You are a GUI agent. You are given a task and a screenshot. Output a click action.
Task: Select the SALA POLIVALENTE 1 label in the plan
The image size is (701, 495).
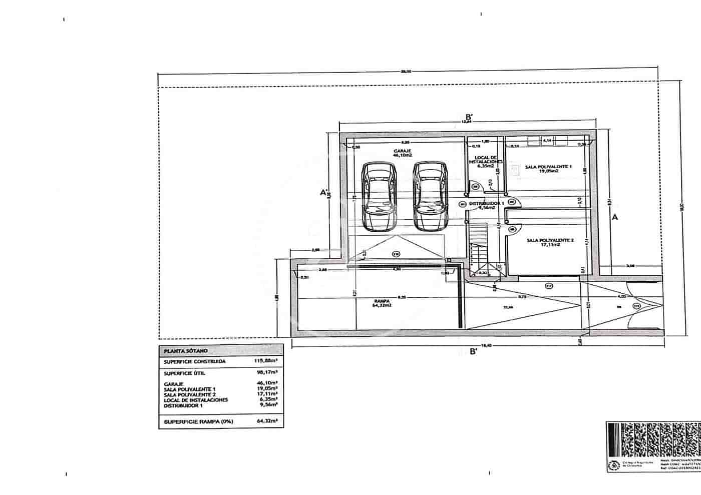pos(548,168)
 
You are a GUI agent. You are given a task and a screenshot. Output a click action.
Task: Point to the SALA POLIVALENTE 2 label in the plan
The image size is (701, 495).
pos(550,243)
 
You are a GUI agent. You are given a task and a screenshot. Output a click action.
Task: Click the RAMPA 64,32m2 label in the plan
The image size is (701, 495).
pos(382,303)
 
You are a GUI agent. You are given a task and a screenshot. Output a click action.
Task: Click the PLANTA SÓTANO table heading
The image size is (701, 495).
pos(182,351)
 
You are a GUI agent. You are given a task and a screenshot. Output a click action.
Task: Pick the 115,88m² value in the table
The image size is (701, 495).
pos(266,360)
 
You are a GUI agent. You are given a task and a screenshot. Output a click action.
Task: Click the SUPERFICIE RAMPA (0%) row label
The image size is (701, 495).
pos(198,422)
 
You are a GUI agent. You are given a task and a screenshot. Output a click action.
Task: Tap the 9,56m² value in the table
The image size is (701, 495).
pos(269,406)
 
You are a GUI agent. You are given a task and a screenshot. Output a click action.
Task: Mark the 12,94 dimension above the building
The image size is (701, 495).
pos(467,122)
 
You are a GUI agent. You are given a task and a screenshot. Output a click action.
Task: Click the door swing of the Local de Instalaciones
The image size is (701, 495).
pos(476,186)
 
